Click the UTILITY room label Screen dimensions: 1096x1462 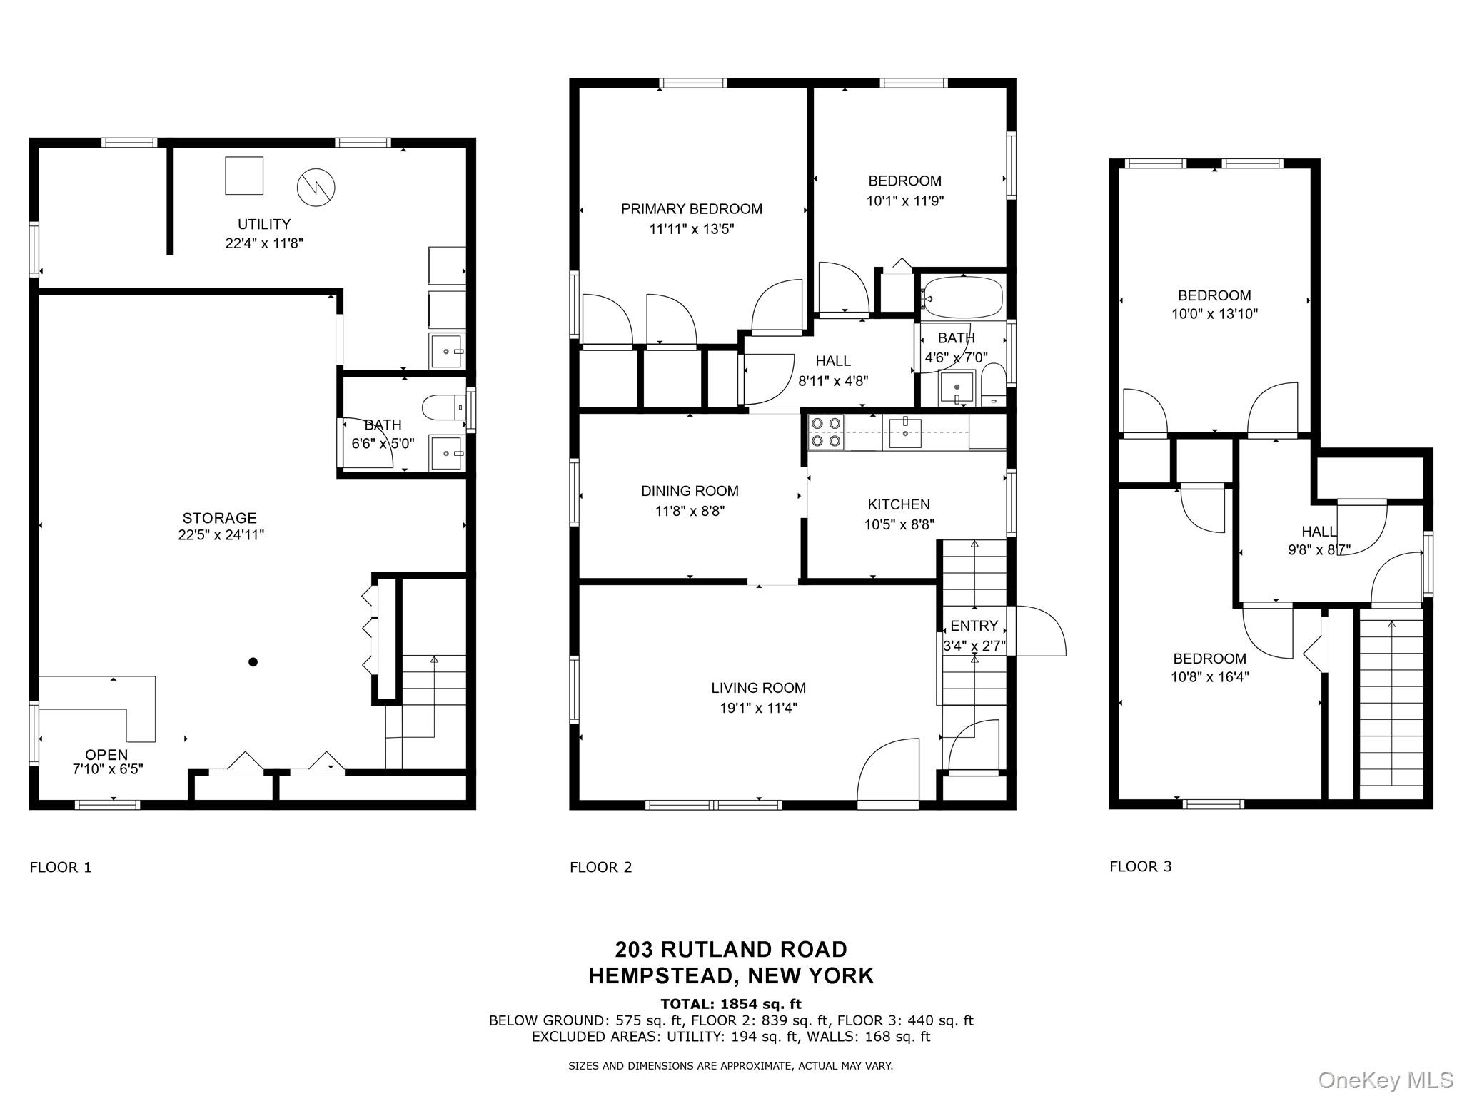(x=264, y=224)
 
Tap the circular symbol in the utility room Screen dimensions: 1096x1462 (x=316, y=186)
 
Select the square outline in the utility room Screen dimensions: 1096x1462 (x=244, y=176)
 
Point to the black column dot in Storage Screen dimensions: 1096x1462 (x=253, y=662)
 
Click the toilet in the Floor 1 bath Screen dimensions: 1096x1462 (x=443, y=408)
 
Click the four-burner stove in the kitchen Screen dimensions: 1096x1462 (x=826, y=432)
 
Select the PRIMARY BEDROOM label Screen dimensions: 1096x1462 (x=691, y=209)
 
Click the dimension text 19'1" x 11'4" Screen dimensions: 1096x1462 (x=758, y=708)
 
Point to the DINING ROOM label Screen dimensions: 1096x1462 (x=690, y=491)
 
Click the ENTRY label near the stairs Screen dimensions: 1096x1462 (x=974, y=626)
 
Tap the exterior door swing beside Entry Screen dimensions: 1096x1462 (x=1039, y=631)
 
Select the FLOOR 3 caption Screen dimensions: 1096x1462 (x=1140, y=866)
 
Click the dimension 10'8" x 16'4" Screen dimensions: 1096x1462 (x=1209, y=677)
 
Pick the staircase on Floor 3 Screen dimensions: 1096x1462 (x=1391, y=706)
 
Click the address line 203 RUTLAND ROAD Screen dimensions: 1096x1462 (x=731, y=949)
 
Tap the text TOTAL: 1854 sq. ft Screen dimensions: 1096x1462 (x=731, y=1004)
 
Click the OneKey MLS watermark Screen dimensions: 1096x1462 (x=1385, y=1080)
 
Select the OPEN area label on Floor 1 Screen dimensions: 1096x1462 (x=106, y=755)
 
